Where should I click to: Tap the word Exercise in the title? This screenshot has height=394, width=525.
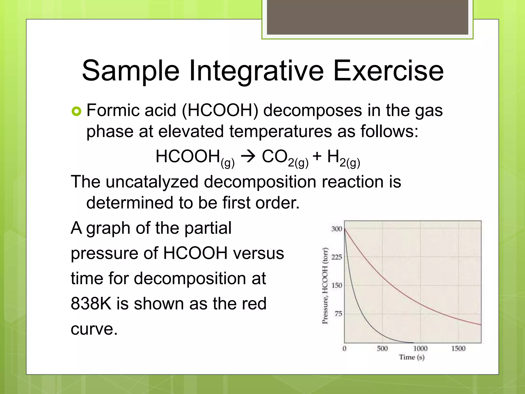(388, 71)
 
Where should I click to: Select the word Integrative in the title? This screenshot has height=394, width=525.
(256, 71)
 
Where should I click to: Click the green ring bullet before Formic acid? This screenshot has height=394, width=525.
(76, 111)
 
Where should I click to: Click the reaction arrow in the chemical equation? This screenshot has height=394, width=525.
(248, 156)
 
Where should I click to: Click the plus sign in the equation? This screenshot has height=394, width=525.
(317, 156)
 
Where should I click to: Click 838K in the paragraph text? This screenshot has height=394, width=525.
(91, 303)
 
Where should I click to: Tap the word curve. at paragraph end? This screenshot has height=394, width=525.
(94, 329)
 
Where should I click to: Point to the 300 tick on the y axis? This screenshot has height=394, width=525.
(337, 229)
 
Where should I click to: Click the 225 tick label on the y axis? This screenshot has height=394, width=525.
(337, 257)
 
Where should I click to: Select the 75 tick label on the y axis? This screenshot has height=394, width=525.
(338, 314)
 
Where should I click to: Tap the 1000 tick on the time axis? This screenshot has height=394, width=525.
(420, 348)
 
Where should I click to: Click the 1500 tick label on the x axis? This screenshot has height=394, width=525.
(458, 348)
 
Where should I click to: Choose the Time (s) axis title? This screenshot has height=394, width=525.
(412, 357)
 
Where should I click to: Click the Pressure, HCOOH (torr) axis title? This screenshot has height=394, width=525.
(325, 286)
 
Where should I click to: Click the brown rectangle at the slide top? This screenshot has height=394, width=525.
(367, 17)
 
